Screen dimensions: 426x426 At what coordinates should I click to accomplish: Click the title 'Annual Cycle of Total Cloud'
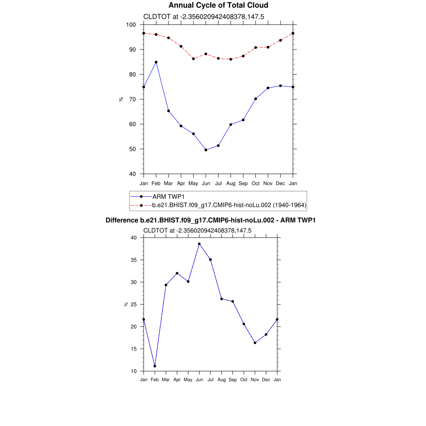click(x=218, y=5)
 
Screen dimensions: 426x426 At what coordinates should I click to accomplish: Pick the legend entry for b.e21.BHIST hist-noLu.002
click(x=229, y=205)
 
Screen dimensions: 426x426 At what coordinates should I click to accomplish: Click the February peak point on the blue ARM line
click(x=156, y=62)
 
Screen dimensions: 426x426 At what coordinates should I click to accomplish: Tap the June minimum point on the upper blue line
click(x=206, y=150)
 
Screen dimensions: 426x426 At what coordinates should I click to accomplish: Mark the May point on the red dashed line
click(x=193, y=59)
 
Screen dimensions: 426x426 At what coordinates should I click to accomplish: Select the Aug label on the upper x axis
click(x=231, y=183)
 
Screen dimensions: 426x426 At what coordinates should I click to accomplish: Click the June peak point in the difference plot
click(x=199, y=244)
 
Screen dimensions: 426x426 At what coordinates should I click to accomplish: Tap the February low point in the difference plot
click(x=155, y=366)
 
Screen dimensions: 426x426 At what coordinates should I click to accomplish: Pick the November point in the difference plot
click(x=255, y=343)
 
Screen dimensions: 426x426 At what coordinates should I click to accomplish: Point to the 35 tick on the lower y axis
click(x=134, y=260)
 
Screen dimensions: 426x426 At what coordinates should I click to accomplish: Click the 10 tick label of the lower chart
click(x=134, y=371)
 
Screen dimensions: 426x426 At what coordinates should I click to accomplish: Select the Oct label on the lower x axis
click(x=244, y=379)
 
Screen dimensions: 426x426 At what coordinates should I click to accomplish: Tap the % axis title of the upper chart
click(x=121, y=99)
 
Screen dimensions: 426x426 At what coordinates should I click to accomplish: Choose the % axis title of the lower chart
click(x=126, y=304)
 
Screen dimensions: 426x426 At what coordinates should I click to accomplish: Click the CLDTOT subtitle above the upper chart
click(x=204, y=17)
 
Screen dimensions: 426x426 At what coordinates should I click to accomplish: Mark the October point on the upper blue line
click(x=255, y=99)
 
